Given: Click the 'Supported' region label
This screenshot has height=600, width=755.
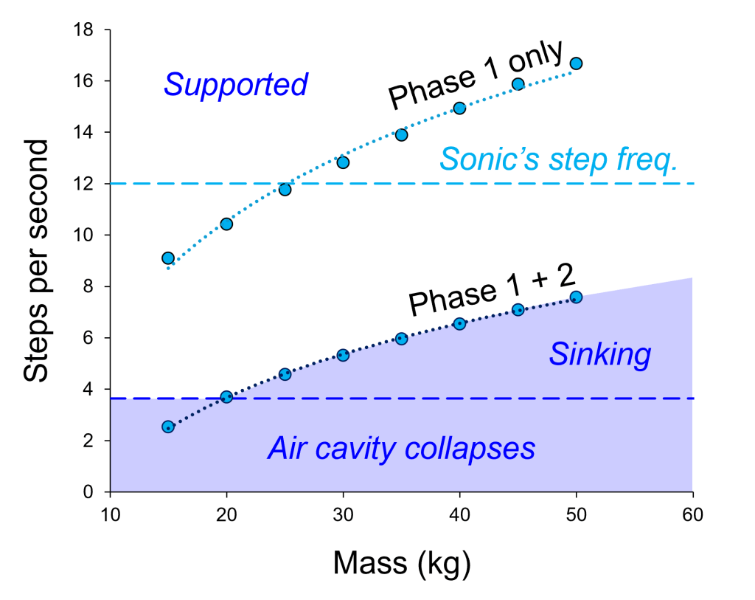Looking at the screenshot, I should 235,85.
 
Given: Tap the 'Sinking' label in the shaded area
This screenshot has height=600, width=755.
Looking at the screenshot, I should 599,355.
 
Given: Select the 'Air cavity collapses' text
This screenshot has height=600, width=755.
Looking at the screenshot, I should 401,448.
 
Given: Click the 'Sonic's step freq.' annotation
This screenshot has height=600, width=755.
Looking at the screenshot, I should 558,159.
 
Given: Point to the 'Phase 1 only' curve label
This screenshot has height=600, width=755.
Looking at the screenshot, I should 476,73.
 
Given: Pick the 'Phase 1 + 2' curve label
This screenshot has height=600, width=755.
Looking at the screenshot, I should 491,290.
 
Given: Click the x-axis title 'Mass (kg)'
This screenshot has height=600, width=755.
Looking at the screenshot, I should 402,562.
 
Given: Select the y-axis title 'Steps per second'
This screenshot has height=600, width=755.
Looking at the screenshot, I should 37,260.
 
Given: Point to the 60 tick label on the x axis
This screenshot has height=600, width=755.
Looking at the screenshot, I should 692,514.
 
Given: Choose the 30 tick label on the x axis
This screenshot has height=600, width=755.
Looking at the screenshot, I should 343,514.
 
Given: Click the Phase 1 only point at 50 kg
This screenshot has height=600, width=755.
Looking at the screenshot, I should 576,63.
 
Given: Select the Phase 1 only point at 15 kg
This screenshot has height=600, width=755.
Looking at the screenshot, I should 168,258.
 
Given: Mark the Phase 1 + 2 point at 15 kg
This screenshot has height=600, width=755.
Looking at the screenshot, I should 168,427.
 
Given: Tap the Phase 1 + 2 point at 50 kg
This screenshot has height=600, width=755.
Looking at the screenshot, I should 576,297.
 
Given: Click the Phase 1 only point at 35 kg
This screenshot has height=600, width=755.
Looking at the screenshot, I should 401,134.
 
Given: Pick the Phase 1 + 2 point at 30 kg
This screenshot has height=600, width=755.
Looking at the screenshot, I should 343,355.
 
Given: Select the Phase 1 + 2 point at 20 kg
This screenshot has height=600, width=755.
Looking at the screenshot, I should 226,397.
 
